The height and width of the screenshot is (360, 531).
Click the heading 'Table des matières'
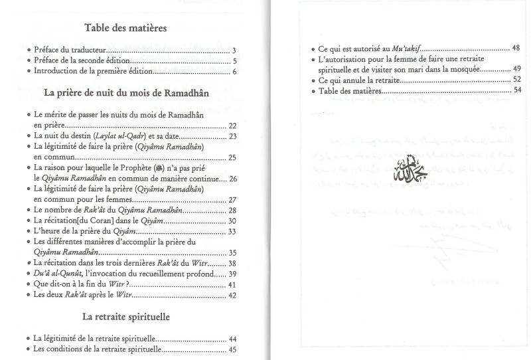pyautogui.click(x=125, y=29)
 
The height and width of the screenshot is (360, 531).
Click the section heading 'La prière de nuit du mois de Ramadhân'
pyautogui.click(x=126, y=93)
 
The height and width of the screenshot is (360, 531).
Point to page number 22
pyautogui.click(x=232, y=126)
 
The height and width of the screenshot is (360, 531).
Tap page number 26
pyautogui.click(x=232, y=179)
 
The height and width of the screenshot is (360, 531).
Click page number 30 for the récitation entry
pyautogui.click(x=232, y=221)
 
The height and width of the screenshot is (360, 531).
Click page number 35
pyautogui.click(x=232, y=253)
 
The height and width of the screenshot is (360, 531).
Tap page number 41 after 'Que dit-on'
pyautogui.click(x=232, y=285)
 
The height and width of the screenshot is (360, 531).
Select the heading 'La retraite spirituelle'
pyautogui.click(x=126, y=317)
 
